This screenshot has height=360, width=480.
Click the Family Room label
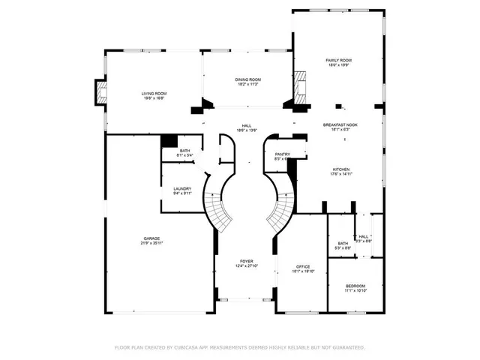[338, 60]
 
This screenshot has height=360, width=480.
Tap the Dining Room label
[248, 79]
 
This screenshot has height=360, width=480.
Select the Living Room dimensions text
[153, 98]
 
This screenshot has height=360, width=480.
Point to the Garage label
[152, 238]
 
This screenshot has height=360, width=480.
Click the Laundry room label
[182, 189]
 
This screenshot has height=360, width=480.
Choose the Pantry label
[282, 154]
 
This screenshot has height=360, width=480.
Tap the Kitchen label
[341, 169]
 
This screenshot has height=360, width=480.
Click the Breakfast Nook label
[340, 124]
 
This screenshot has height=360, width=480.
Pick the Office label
[303, 266]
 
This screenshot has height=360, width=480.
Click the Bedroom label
[355, 286]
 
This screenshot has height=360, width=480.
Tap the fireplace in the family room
[301, 87]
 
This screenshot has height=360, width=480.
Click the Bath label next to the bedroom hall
[343, 243]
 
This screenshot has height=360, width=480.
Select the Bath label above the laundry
[184, 151]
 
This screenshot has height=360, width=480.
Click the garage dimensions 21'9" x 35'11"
[152, 243]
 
